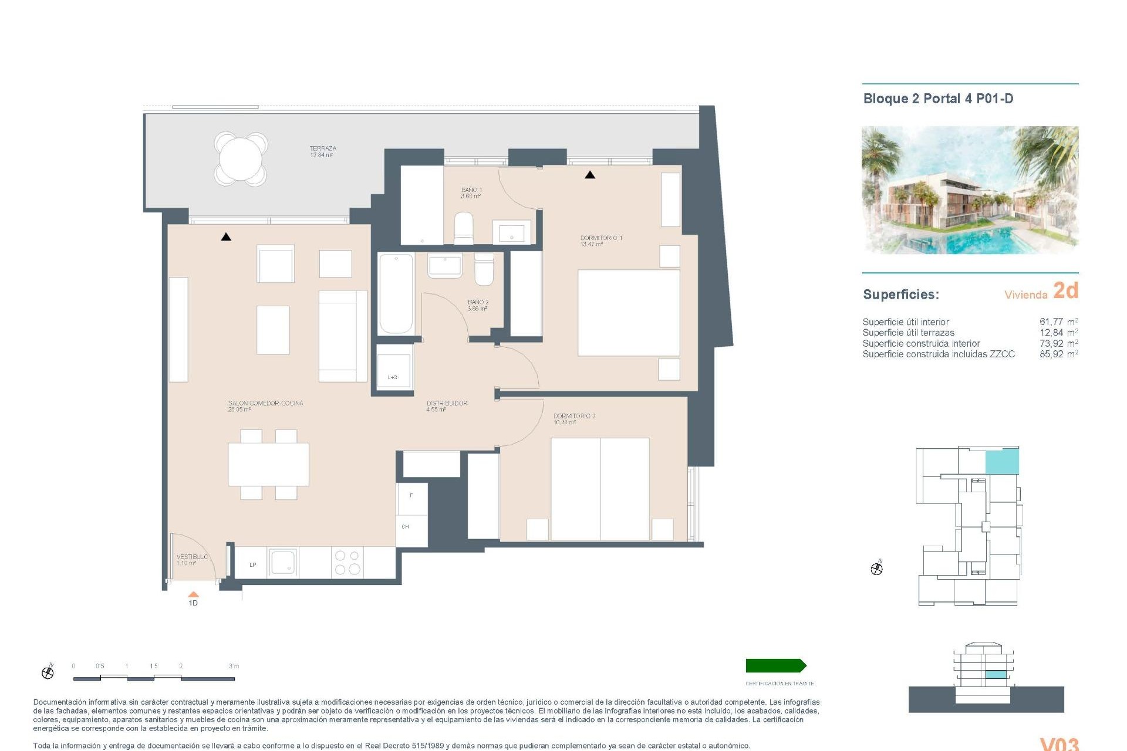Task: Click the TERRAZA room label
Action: tap(323, 151)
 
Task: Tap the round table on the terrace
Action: tap(241, 158)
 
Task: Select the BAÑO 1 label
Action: tap(471, 192)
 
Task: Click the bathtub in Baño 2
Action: tap(396, 294)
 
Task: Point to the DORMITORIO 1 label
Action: tap(600, 241)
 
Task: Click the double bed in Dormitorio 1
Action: tap(629, 313)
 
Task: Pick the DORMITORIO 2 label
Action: tap(573, 418)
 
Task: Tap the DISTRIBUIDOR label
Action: tap(446, 406)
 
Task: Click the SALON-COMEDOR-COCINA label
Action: tap(265, 406)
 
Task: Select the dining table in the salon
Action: tap(268, 464)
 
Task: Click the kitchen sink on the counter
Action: tap(283, 562)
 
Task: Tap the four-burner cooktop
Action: tap(347, 562)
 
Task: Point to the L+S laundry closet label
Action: tap(392, 377)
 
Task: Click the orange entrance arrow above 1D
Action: tap(193, 594)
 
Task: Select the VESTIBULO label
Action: tap(192, 559)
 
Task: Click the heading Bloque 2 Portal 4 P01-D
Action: tap(938, 99)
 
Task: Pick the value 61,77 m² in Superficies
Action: tap(1058, 322)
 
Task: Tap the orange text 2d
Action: tap(1065, 290)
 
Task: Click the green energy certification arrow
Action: tap(775, 665)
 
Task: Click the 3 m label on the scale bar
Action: tap(234, 666)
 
